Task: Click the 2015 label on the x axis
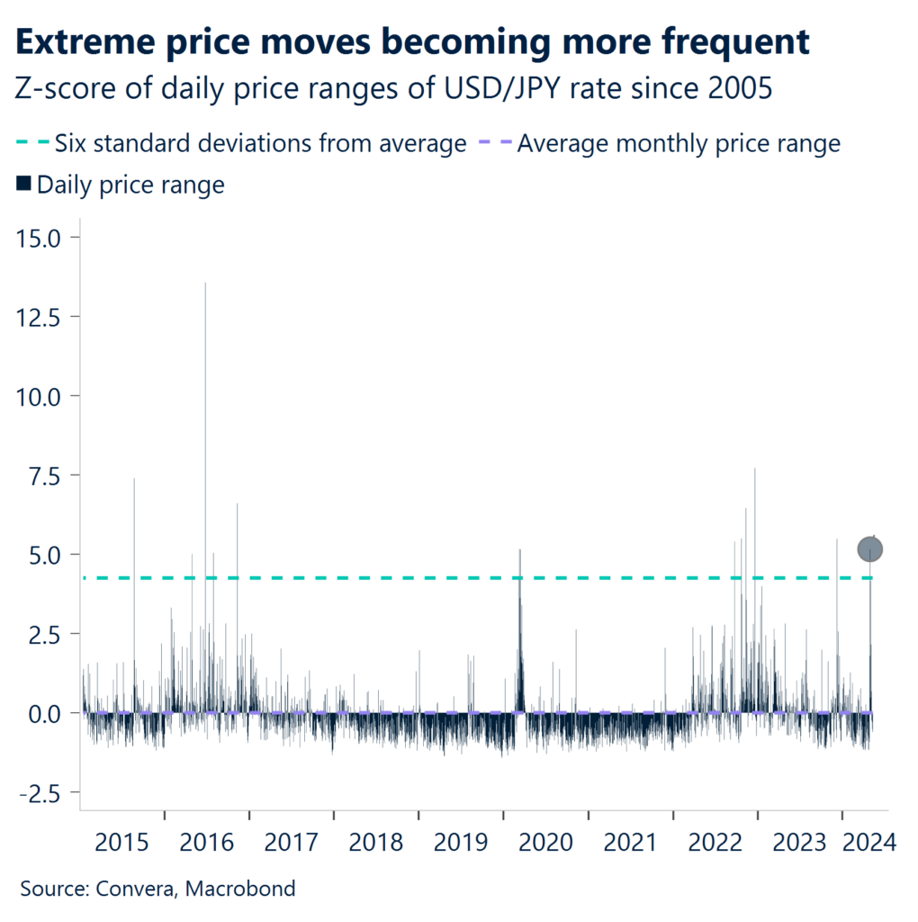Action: [121, 843]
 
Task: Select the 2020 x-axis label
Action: [545, 843]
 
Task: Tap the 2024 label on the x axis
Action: [869, 843]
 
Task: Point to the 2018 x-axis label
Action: [376, 843]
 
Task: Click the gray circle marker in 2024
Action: [869, 548]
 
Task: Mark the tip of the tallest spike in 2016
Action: [205, 284]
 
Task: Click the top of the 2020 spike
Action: [519, 550]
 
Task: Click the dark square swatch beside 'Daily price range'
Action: [23, 185]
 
